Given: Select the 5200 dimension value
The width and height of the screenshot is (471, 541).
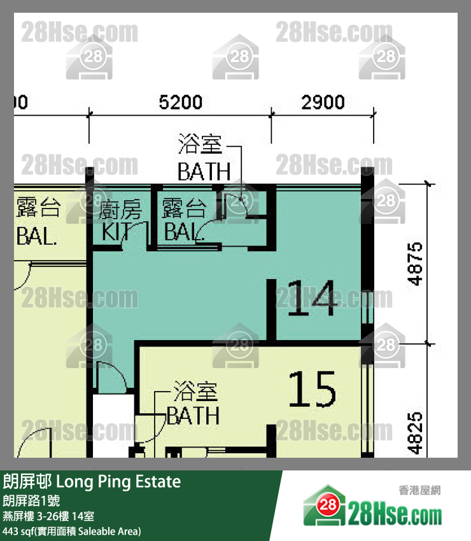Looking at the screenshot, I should (x=180, y=102).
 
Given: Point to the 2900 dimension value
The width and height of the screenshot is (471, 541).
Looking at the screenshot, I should (x=323, y=102).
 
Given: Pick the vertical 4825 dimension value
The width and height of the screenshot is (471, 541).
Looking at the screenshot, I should (x=414, y=432).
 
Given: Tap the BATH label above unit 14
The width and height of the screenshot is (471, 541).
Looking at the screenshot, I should (x=204, y=171).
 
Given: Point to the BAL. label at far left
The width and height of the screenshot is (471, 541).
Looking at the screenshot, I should (x=37, y=238).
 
